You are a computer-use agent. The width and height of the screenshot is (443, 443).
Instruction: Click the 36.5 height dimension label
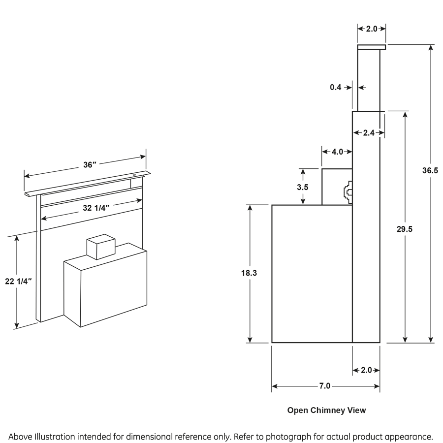click(430, 171)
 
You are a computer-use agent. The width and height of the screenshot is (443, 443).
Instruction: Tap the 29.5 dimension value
click(404, 229)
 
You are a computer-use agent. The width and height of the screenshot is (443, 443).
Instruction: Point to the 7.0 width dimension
click(324, 386)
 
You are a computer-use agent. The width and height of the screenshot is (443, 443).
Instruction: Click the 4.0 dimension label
click(337, 152)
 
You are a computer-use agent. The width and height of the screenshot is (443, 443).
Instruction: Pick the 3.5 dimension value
click(303, 187)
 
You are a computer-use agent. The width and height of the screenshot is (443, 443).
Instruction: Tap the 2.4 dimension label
click(369, 132)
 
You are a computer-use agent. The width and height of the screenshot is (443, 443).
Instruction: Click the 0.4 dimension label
click(336, 87)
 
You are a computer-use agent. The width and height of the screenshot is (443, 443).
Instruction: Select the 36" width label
click(89, 165)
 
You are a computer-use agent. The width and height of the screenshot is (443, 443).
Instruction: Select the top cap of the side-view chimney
click(371, 47)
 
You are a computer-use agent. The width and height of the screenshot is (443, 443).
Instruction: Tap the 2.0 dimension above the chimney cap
click(371, 29)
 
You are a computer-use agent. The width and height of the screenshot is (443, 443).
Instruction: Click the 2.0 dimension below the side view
click(367, 370)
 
